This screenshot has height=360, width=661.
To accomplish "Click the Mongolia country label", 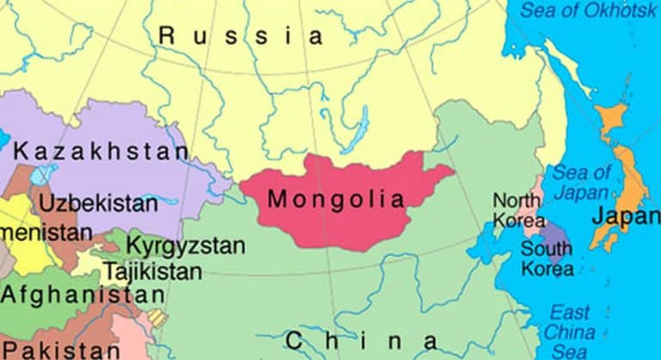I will (336, 200).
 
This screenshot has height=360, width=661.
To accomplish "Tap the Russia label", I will (241, 36).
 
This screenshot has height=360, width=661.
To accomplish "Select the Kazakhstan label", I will (102, 152).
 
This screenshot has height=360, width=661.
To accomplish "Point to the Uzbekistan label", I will (99, 204).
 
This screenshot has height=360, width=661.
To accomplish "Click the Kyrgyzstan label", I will (185, 245).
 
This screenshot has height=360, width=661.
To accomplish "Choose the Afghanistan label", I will (82, 295).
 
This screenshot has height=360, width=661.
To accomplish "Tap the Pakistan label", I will (67, 350).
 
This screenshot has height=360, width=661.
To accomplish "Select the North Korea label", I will (517, 210).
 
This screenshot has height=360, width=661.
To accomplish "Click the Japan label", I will (625, 216).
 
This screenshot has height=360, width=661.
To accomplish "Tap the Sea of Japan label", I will (581, 182).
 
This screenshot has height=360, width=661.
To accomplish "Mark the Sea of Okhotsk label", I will (585, 11).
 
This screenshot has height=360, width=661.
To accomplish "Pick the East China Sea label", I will (570, 332).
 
